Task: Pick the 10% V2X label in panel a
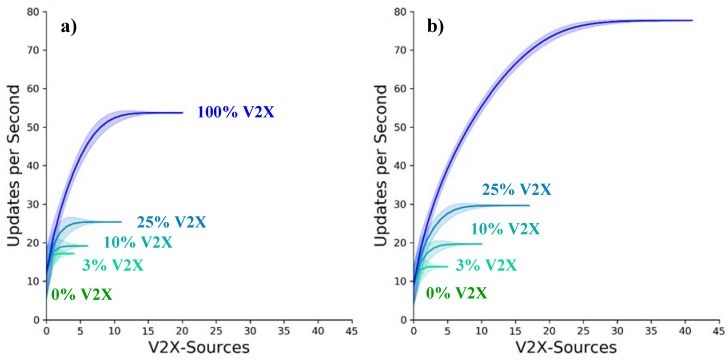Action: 137,243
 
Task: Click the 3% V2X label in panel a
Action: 112,265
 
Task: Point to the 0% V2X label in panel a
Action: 82,294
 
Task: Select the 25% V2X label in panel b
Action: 517,189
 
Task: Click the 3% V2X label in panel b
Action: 485,265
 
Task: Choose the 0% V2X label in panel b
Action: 456,292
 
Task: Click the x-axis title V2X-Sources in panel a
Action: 197,348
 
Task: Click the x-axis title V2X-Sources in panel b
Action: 565,348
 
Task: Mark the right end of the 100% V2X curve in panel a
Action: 182,113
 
